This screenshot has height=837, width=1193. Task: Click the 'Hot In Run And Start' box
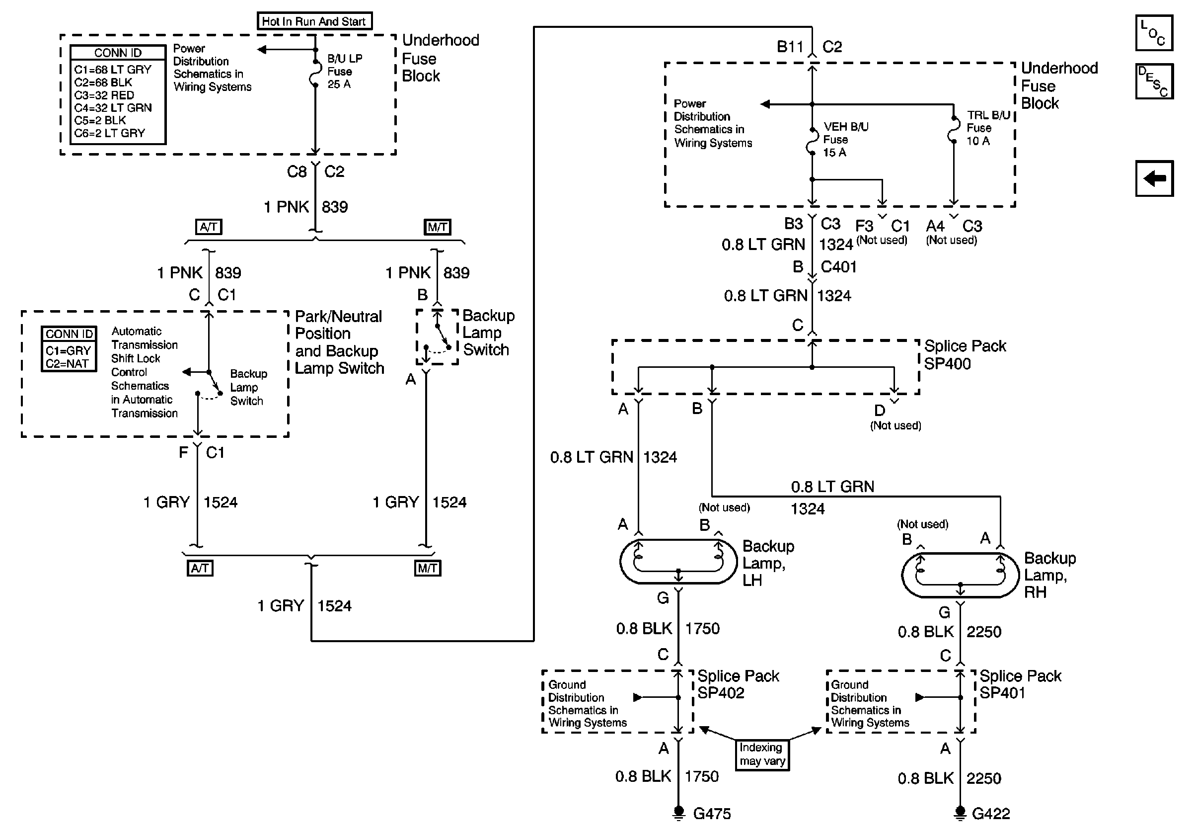314,21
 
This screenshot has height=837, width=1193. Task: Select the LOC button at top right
1154,33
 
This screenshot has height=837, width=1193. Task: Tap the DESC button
1154,81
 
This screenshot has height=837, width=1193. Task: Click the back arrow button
1154,178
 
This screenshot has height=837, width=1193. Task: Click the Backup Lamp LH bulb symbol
678,562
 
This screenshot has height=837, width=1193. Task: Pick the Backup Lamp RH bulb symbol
960,575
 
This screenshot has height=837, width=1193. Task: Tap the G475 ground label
712,814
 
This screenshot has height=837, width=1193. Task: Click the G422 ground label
991,814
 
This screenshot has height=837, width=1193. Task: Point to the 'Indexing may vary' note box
762,754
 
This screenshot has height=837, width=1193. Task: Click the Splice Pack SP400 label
965,354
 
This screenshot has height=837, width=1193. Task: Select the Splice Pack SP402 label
738,684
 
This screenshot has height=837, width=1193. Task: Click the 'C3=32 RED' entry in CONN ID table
104,95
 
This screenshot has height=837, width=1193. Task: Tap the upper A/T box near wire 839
209,227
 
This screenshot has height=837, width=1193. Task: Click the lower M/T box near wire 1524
428,568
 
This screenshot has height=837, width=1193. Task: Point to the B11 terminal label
790,47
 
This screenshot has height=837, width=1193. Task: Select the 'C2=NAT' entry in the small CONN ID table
67,363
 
